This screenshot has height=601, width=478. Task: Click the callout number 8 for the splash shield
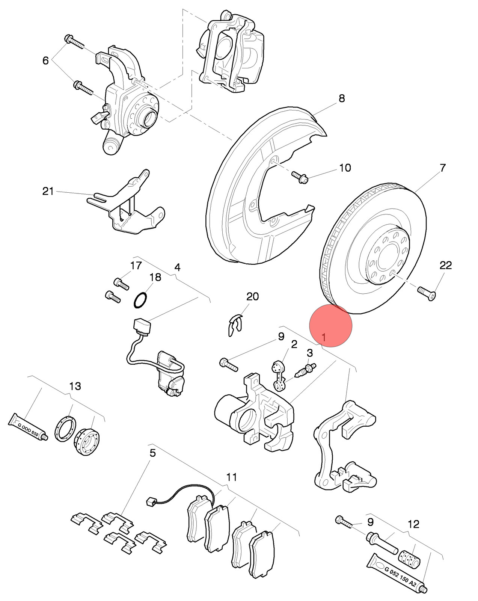(342, 98)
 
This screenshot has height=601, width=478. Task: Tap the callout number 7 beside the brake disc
(443, 168)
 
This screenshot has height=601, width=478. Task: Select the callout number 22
(445, 265)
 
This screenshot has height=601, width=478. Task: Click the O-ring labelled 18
(140, 300)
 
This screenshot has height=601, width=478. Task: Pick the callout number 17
(136, 265)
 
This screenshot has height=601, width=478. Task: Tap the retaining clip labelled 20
(235, 325)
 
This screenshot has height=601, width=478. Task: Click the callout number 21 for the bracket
(48, 191)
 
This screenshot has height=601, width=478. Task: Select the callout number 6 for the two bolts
(45, 60)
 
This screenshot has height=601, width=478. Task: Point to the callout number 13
(75, 386)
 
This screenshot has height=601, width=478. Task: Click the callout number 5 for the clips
(152, 453)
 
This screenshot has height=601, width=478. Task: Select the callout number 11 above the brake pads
(231, 477)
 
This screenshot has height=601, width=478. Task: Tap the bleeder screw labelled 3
(306, 370)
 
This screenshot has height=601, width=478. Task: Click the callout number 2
(294, 344)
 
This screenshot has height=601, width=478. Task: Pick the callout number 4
(177, 267)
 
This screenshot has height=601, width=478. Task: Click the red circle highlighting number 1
(330, 325)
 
